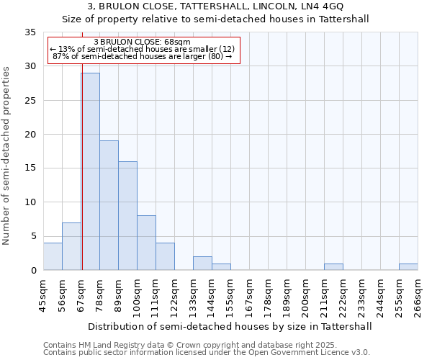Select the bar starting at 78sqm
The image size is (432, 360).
109,205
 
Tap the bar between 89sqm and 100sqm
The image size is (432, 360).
127,215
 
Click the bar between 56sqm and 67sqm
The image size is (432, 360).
71,246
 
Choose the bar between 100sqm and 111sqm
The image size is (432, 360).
146,243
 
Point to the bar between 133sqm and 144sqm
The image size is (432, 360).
202,264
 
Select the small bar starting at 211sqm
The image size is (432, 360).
333,267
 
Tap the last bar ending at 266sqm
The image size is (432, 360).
408,267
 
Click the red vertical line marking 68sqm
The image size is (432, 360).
82,144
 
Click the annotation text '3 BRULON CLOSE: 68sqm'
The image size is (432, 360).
142,42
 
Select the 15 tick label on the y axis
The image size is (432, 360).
30,168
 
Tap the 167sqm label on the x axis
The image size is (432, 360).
250,295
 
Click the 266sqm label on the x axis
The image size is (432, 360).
418,295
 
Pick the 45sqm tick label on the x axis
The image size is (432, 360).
42,295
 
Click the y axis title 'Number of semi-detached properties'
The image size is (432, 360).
6,156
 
